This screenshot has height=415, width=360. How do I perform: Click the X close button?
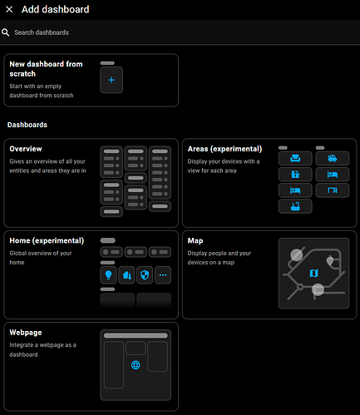(x=9, y=9)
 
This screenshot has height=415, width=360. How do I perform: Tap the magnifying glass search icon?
(x=5, y=32)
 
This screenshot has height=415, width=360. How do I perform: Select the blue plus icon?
(x=111, y=80)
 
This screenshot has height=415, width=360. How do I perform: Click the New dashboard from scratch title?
(x=46, y=69)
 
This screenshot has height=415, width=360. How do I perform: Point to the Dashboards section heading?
(x=27, y=125)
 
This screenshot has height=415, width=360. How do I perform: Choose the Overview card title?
(x=26, y=149)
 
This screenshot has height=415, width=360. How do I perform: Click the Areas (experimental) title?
(x=224, y=149)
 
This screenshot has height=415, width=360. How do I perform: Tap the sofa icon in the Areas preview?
(x=295, y=158)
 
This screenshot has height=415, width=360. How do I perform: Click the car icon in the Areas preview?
(x=333, y=158)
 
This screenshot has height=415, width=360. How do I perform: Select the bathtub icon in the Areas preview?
(x=295, y=206)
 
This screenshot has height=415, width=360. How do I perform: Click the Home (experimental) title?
(x=47, y=240)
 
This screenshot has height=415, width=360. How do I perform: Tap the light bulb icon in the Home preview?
(x=108, y=274)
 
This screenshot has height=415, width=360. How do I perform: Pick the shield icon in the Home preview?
(x=145, y=274)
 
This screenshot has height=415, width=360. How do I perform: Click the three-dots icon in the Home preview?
(x=163, y=275)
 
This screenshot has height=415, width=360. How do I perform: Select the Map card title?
(x=195, y=240)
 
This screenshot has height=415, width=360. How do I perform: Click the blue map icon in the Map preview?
(x=313, y=273)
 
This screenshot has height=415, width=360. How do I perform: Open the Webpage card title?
(x=26, y=333)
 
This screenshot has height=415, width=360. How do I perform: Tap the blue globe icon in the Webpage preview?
(x=136, y=365)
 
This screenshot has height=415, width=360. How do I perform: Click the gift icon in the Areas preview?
(x=295, y=175)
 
